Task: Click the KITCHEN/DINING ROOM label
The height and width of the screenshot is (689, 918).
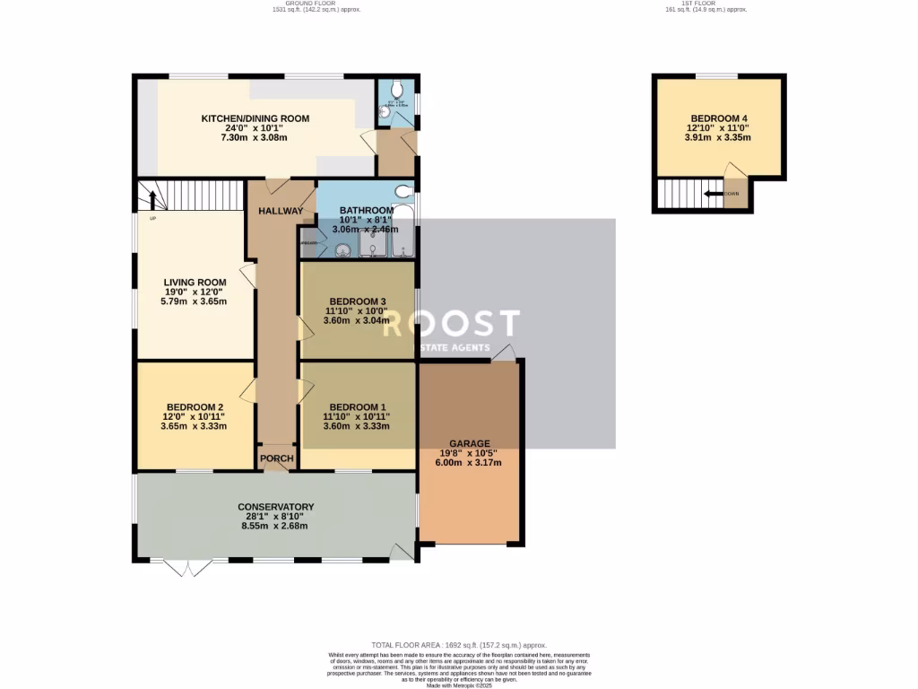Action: pos(255,118)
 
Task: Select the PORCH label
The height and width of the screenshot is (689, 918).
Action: pos(277,458)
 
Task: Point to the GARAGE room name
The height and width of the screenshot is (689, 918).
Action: pos(470,443)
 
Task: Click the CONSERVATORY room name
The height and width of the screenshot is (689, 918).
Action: pos(275,507)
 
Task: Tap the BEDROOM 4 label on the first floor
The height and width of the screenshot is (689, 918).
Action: pos(718,118)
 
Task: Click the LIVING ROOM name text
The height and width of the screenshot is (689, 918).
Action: pos(194,283)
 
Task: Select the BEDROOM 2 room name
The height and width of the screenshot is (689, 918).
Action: pos(194,406)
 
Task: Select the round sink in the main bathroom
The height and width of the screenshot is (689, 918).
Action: pos(342,251)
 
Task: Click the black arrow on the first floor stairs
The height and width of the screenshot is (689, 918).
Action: pos(713,193)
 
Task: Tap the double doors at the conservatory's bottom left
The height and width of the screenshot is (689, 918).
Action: pos(187,568)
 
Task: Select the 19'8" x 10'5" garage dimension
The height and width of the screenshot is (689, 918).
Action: pos(470,453)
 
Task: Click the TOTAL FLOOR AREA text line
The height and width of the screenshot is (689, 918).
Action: pos(458,645)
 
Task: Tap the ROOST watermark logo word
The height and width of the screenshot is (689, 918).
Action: pos(451,325)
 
